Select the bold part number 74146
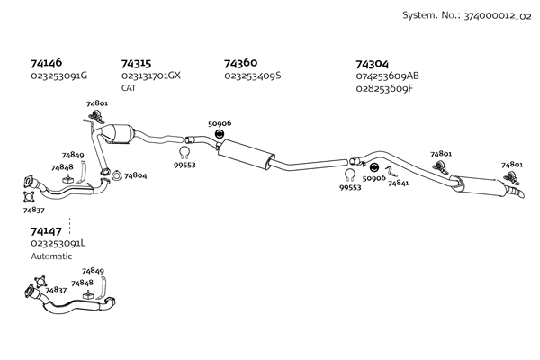click(46, 64)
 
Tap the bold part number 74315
click(136, 64)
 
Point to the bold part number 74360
click(240, 63)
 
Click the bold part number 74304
click(372, 64)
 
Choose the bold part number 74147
click(46, 231)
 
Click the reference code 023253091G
click(58, 76)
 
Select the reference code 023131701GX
click(151, 76)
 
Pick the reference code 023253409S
click(253, 76)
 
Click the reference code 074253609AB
click(388, 76)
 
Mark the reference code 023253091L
click(58, 243)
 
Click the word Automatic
click(50, 256)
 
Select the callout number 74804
click(135, 176)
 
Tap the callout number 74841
click(399, 183)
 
